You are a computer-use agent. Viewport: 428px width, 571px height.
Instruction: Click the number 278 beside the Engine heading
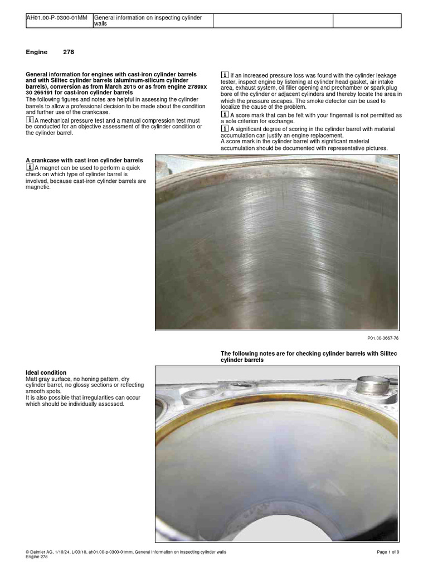69,52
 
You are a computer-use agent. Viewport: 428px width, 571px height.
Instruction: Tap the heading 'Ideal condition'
46,372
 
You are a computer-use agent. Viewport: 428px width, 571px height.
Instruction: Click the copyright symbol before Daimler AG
28,551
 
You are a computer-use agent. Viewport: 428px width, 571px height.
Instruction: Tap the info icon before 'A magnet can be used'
30,167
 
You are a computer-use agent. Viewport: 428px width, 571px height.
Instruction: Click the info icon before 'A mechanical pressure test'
30,120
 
